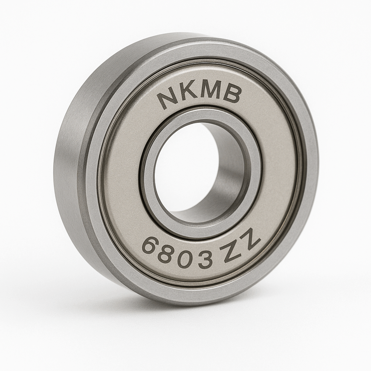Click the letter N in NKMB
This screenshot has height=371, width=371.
click(x=168, y=99)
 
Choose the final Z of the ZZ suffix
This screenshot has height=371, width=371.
click(x=250, y=241)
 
